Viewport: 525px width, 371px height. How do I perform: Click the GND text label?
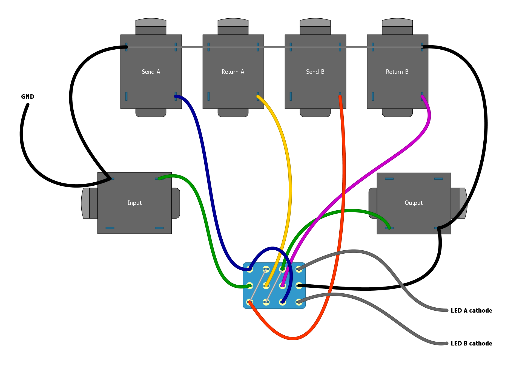point(28,97)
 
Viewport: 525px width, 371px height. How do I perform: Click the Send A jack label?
point(151,72)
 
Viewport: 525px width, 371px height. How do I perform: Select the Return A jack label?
point(233,72)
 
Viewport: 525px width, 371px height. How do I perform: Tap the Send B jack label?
point(315,72)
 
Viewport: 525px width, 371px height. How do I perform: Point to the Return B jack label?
point(397,72)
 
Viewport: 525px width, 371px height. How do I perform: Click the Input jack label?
point(134,203)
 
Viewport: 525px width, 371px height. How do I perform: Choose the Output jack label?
point(414,203)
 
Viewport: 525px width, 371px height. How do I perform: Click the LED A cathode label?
point(471,310)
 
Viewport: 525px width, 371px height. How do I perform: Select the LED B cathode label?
point(471,343)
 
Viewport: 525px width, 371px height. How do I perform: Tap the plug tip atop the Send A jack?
point(151,22)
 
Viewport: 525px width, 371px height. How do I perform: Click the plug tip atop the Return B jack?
point(397,22)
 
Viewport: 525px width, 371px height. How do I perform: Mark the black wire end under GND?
point(27,105)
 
